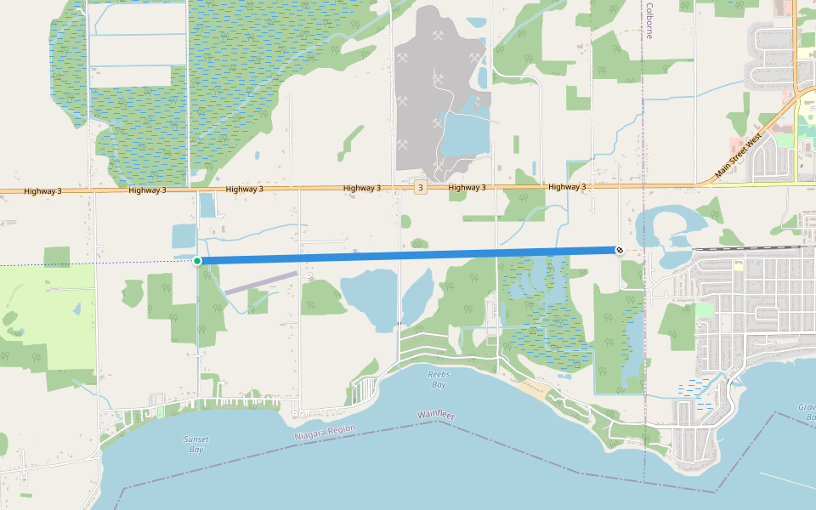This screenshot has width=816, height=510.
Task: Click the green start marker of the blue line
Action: point(197,260)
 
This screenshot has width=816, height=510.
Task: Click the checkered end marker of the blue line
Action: point(620,250)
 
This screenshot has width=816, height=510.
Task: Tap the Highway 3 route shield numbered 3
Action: point(420,187)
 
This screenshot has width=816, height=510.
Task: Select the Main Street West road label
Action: point(739,156)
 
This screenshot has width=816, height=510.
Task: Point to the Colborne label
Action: point(649,20)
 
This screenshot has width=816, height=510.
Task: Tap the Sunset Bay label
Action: point(196,444)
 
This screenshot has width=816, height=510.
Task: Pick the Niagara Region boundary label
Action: point(325,432)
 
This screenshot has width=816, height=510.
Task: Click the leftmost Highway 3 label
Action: point(42,191)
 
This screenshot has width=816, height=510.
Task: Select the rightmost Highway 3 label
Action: point(567,187)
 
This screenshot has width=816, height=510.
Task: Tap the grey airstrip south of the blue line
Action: point(261,282)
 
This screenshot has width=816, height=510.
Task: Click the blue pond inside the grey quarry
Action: point(464,132)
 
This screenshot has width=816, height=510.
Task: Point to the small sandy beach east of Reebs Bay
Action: point(533,391)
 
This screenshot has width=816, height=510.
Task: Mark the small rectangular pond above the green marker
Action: point(184,235)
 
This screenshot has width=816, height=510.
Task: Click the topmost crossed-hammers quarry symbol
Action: point(439,36)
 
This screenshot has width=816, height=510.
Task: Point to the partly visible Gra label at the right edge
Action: point(807,412)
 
